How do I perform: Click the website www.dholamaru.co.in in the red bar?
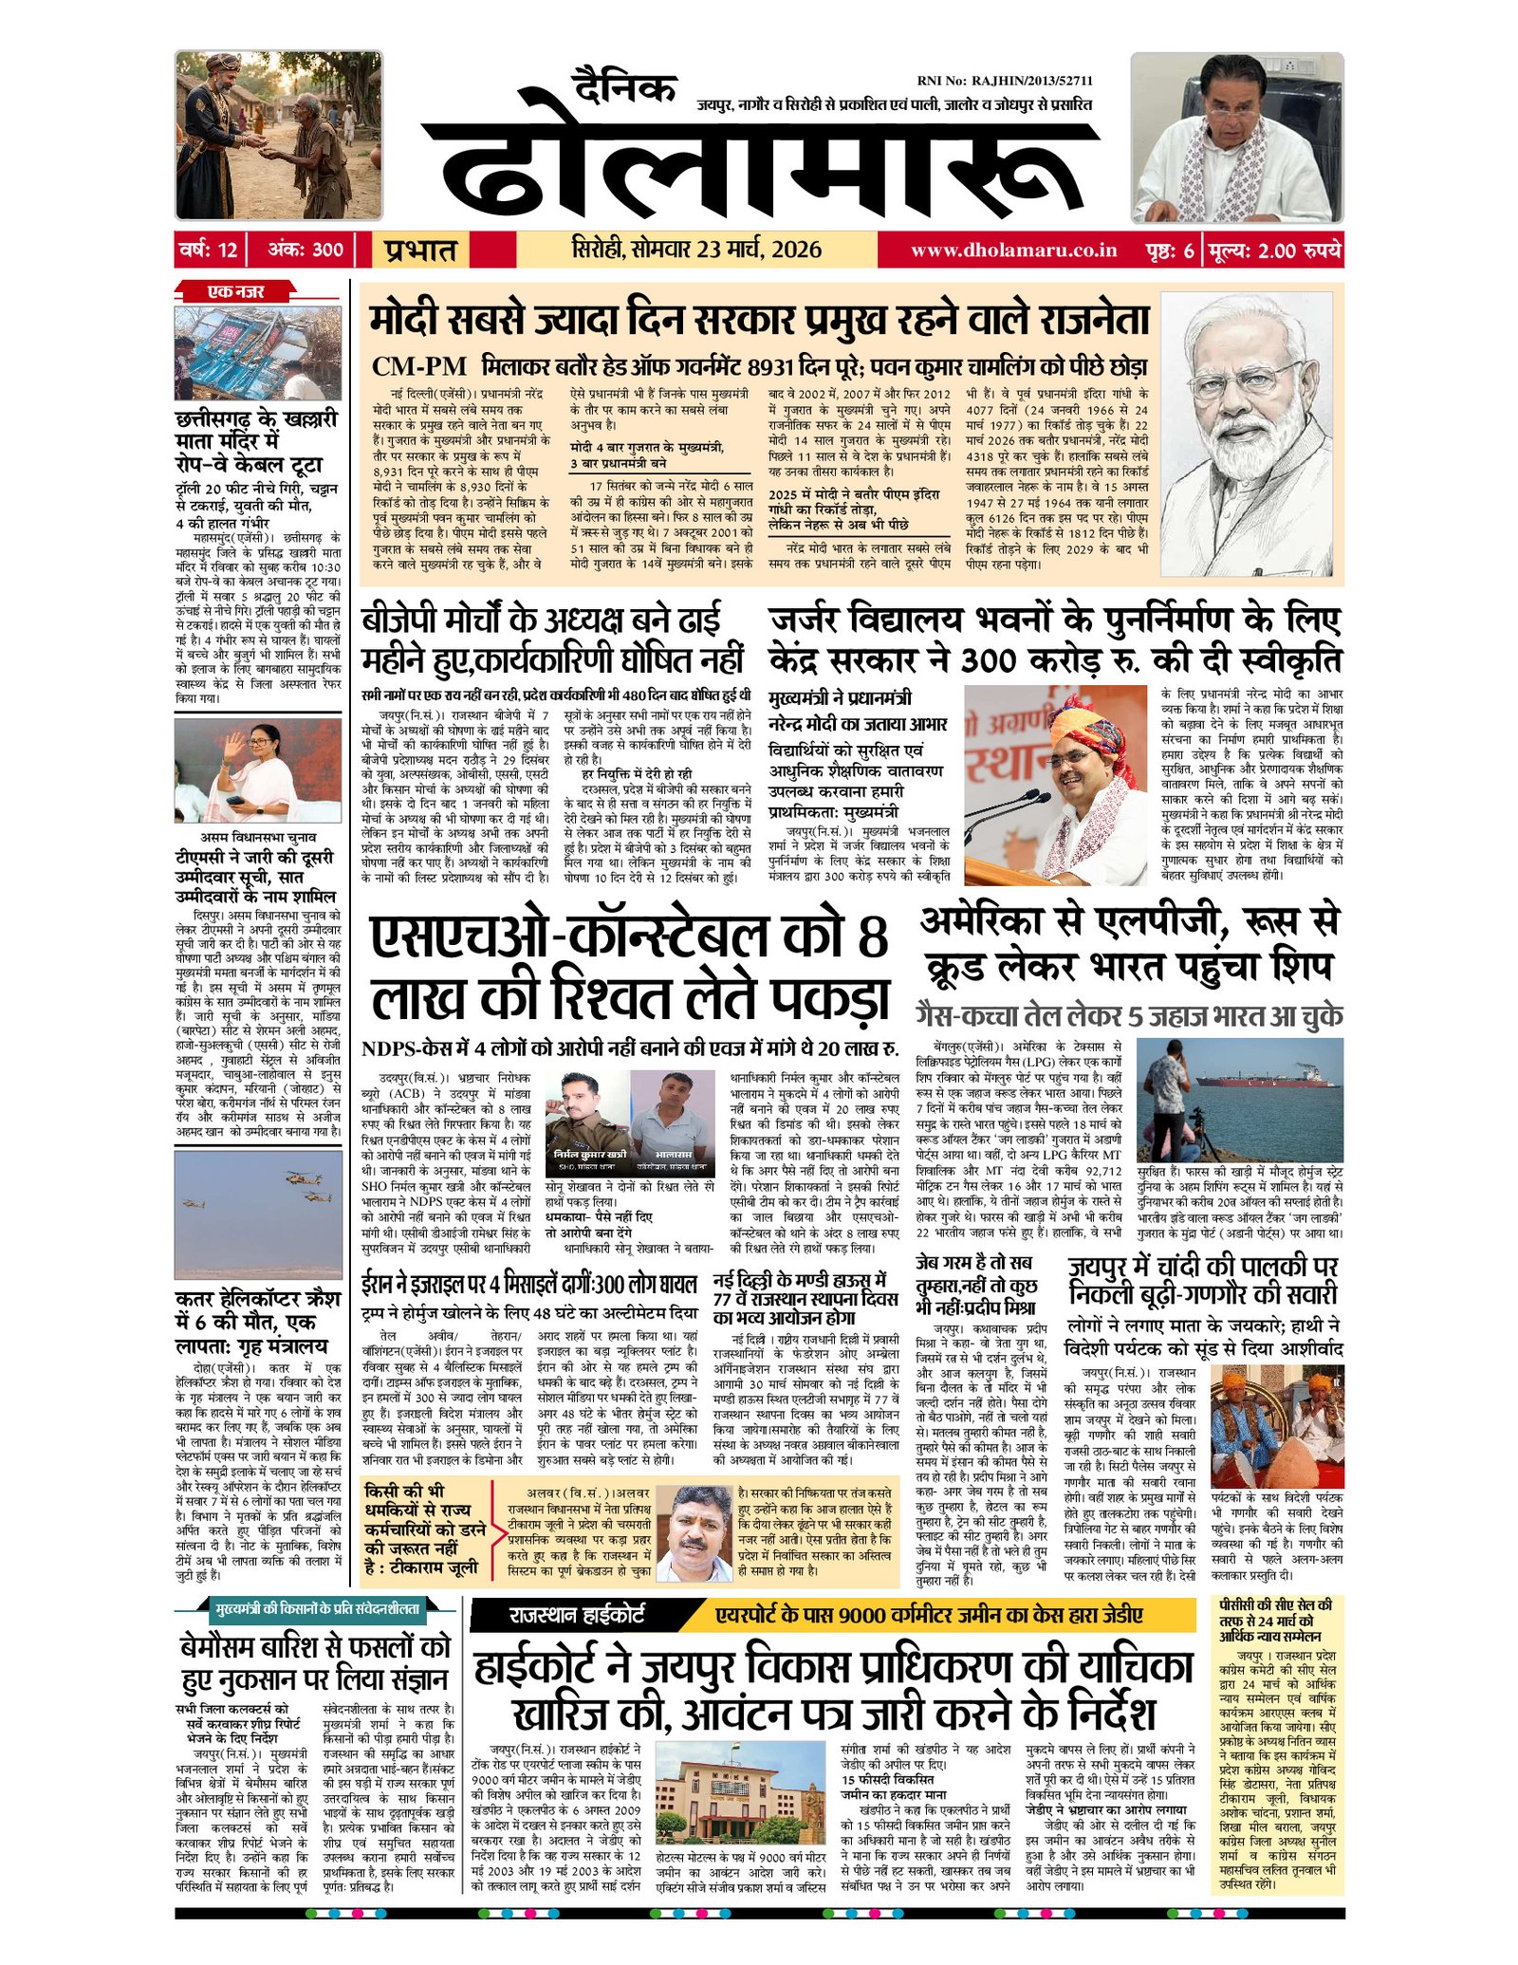tap(1013, 250)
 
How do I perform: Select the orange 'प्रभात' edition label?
tap(420, 250)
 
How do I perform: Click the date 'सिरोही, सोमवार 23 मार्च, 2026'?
tap(696, 250)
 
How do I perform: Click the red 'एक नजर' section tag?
tap(236, 291)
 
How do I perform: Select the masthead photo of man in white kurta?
tap(1236, 138)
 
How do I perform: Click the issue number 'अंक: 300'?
tap(305, 250)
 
